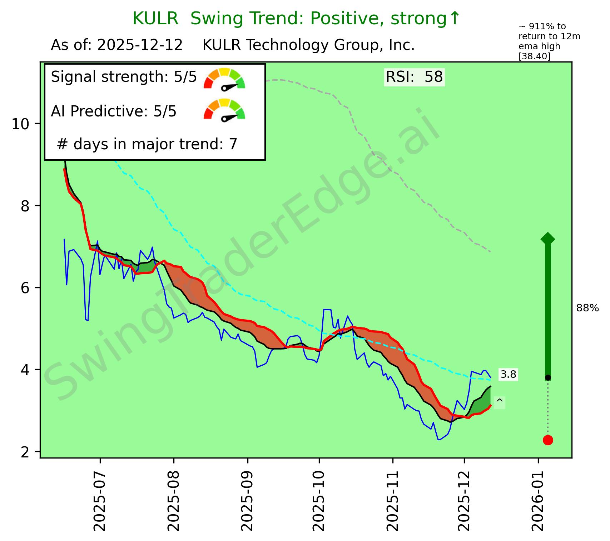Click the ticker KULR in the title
pos(155,19)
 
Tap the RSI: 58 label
pos(414,77)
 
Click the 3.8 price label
pos(508,375)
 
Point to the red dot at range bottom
pos(548,440)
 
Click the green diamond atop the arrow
pos(548,239)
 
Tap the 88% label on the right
pos(587,308)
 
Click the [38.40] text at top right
pos(535,56)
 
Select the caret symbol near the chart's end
pos(500,402)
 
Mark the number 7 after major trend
pos(233,144)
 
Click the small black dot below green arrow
pos(548,377)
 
